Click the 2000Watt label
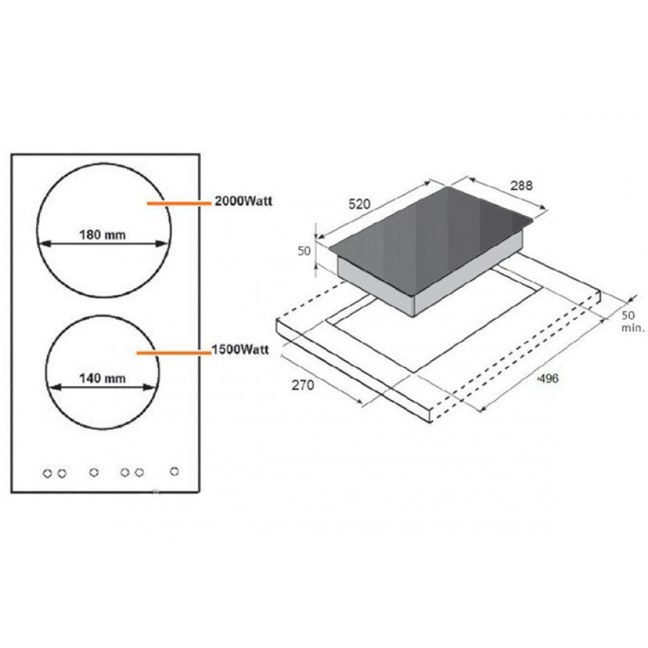click(x=244, y=201)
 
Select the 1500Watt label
click(x=240, y=350)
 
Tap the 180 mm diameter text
click(x=102, y=235)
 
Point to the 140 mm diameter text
click(x=102, y=378)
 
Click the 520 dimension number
click(x=359, y=204)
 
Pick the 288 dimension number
click(x=521, y=186)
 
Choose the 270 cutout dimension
click(x=303, y=385)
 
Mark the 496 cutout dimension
click(x=548, y=378)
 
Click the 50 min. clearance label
click(x=633, y=322)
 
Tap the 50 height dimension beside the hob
click(x=304, y=251)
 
